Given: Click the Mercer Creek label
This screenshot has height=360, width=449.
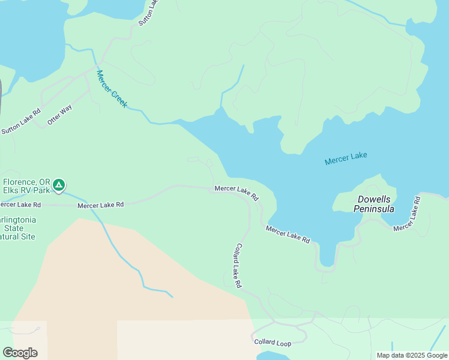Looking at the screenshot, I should click(112, 89).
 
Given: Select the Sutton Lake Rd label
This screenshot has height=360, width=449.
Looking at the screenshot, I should click(20, 121).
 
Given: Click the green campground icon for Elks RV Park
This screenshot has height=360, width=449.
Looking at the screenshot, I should click(58, 185).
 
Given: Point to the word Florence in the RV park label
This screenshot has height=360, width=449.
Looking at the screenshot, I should click(19, 182).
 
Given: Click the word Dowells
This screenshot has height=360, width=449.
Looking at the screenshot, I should click(373, 199).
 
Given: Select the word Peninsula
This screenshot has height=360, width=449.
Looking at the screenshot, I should click(373, 209).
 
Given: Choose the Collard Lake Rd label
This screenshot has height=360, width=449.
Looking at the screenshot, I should click(238, 265).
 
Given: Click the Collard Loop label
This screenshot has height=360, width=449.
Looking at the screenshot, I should click(272, 343).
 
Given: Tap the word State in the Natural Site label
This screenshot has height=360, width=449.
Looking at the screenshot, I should click(13, 228).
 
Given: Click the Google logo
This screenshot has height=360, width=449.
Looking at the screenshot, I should click(20, 352).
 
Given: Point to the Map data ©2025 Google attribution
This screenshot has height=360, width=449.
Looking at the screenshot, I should click(411, 355).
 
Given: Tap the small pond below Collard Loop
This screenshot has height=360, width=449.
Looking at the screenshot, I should click(273, 356).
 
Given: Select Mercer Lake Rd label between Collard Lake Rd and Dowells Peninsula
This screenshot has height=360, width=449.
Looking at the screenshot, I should click(288, 234).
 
